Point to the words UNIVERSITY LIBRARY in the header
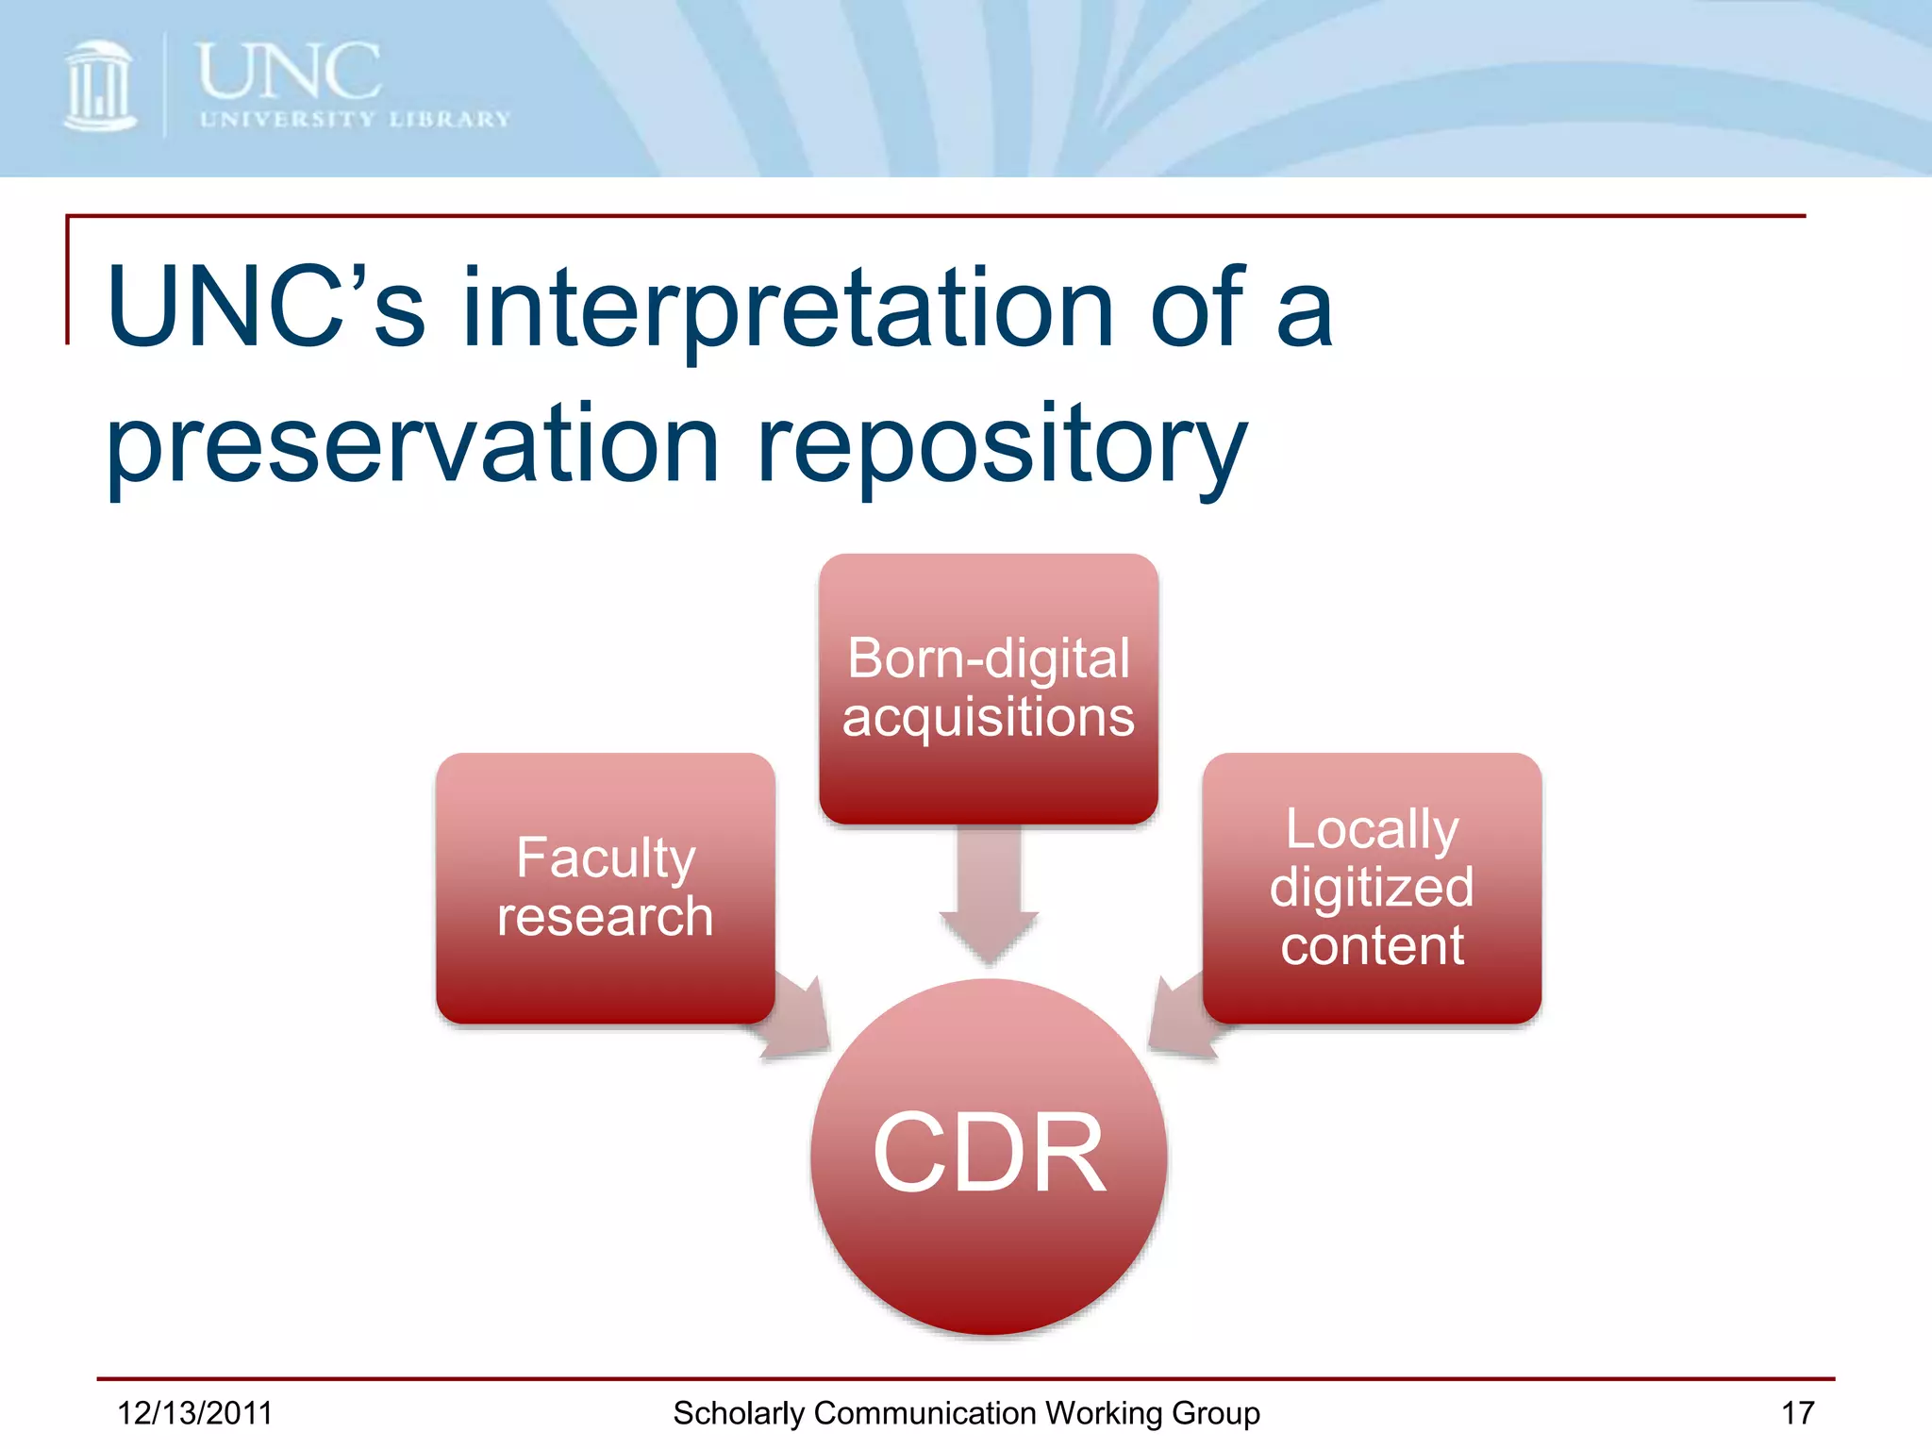355,120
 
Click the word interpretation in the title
788,308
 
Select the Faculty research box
605,887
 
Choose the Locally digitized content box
1372,887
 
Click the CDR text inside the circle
989,1153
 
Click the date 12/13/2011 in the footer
194,1413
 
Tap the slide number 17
1797,1413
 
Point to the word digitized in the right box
1372,888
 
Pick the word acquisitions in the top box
988,717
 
